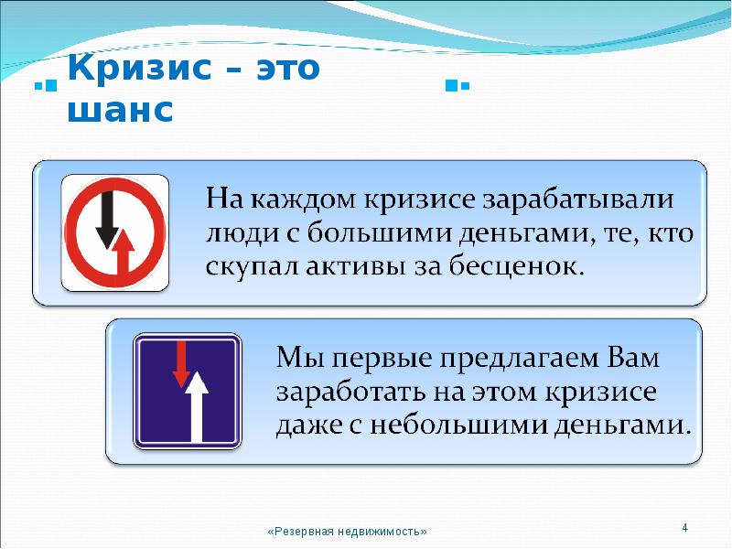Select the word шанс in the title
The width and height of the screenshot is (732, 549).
pyautogui.click(x=121, y=111)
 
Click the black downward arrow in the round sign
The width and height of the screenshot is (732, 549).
pyautogui.click(x=107, y=220)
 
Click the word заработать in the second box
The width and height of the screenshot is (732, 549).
pyautogui.click(x=347, y=391)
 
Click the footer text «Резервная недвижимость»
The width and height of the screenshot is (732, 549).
pyautogui.click(x=348, y=532)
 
